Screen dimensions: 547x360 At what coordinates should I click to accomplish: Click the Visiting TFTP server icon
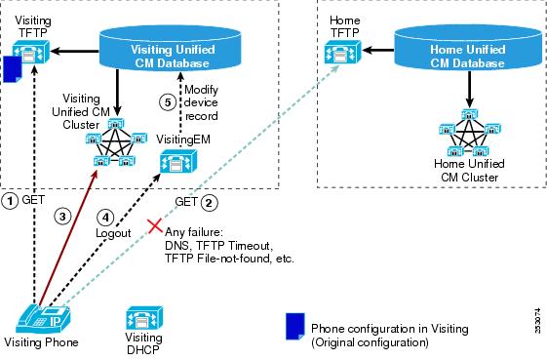point(30,53)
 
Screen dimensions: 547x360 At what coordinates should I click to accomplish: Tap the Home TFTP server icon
point(342,52)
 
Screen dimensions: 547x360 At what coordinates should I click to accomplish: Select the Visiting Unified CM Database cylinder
point(171,48)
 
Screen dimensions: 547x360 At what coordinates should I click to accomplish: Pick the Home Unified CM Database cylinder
point(468,48)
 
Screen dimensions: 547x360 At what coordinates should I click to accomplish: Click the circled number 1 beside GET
point(10,201)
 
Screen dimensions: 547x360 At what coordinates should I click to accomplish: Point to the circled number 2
point(209,203)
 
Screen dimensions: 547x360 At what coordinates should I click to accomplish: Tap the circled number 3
point(62,217)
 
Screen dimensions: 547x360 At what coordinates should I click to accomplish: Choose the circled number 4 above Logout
point(105,218)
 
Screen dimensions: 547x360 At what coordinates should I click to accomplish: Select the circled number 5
point(168,102)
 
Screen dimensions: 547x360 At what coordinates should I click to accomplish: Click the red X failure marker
point(155,226)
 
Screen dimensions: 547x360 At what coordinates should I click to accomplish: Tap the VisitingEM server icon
point(178,161)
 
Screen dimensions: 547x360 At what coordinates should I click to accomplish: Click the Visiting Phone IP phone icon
point(43,318)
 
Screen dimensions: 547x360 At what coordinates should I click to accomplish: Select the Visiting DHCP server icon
point(144,318)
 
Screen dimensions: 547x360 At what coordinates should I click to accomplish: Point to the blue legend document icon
point(295,326)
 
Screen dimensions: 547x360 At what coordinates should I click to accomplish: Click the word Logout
point(113,233)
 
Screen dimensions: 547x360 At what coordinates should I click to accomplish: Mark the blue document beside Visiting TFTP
point(13,69)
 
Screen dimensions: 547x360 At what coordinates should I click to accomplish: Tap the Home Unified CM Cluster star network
point(470,133)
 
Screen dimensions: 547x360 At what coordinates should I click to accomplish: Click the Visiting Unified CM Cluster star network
point(116,141)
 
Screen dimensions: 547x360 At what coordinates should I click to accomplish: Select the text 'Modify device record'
point(201,102)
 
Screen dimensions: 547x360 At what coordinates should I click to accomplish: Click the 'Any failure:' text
point(194,232)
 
